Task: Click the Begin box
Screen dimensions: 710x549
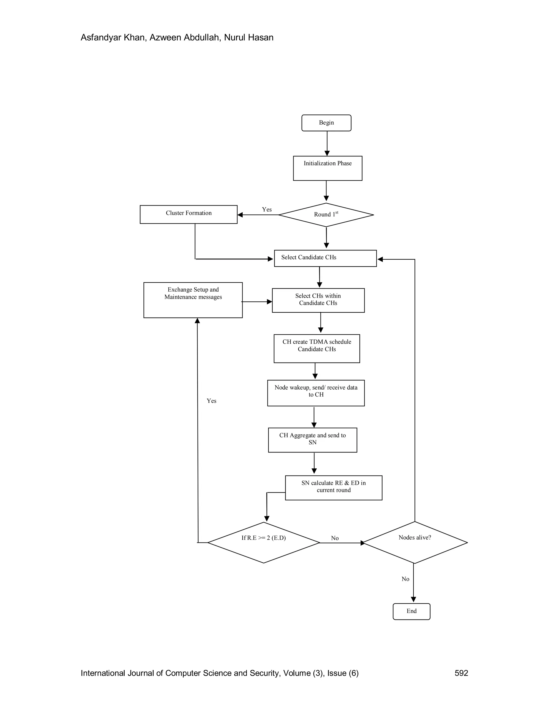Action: pyautogui.click(x=326, y=123)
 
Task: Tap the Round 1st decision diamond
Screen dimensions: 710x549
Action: pyautogui.click(x=326, y=215)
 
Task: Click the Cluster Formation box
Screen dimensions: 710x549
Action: pyautogui.click(x=189, y=214)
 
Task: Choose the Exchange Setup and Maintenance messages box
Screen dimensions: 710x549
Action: pyautogui.click(x=193, y=300)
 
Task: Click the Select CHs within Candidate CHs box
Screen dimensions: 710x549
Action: pyautogui.click(x=318, y=300)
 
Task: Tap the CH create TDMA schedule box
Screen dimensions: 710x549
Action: pyautogui.click(x=317, y=348)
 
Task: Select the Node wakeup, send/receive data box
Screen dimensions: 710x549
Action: pyautogui.click(x=316, y=393)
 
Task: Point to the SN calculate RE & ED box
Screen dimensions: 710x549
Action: pyautogui.click(x=334, y=488)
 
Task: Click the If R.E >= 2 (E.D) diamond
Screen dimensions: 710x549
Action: pyautogui.click(x=264, y=542)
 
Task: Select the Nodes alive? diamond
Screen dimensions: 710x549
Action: pyautogui.click(x=415, y=542)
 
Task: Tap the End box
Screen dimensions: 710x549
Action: pyautogui.click(x=411, y=611)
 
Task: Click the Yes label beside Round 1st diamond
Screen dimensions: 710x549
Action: pyautogui.click(x=267, y=209)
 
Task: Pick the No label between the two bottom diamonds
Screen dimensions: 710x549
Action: pyautogui.click(x=335, y=538)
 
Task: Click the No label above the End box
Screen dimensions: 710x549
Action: pyautogui.click(x=405, y=579)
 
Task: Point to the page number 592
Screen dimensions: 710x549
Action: pyautogui.click(x=461, y=673)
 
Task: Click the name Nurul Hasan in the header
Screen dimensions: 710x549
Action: pyautogui.click(x=248, y=38)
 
